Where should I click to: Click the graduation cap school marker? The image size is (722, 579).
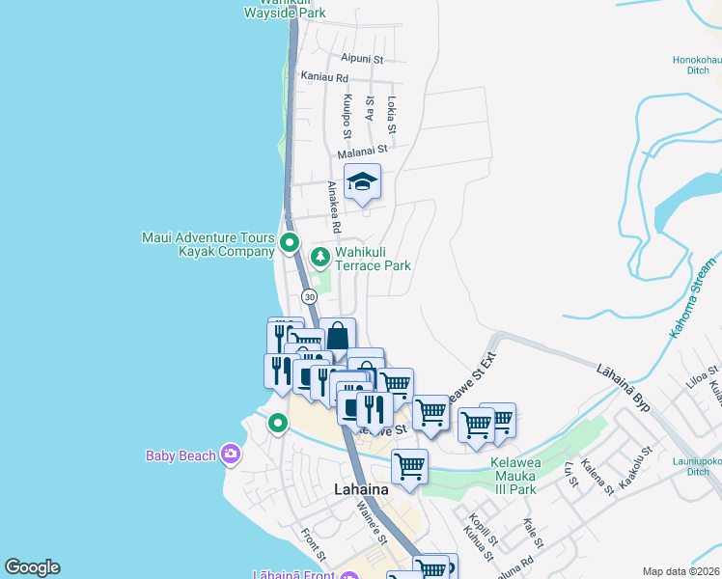(x=362, y=182)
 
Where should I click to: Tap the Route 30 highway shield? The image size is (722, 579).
(x=308, y=296)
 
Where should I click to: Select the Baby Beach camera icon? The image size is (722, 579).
(x=230, y=454)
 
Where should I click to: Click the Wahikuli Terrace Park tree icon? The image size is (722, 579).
(x=320, y=257)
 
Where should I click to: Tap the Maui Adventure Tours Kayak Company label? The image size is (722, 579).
(x=208, y=244)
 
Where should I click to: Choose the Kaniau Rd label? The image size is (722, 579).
(x=323, y=76)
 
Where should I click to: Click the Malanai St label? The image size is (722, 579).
(x=362, y=151)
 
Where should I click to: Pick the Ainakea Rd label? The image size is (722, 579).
(x=334, y=207)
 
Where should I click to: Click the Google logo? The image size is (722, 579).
(x=32, y=567)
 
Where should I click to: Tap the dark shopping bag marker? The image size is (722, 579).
(x=337, y=338)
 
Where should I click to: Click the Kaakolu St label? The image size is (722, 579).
(x=635, y=466)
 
